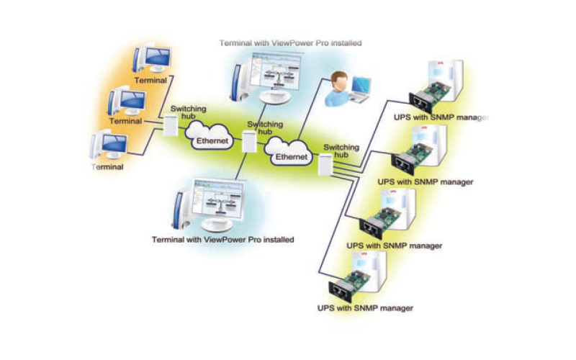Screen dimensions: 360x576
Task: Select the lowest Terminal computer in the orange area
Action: click(106, 146)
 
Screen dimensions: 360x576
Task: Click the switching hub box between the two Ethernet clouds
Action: click(248, 141)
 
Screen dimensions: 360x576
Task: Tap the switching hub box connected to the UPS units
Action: click(326, 164)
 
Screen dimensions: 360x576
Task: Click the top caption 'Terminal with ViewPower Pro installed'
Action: click(290, 43)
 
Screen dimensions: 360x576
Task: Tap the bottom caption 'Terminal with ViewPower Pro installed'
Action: click(222, 239)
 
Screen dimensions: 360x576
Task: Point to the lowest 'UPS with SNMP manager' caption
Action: click(365, 308)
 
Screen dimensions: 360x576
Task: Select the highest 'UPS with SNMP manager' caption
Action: click(441, 117)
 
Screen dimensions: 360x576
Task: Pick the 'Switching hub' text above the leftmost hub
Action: click(189, 112)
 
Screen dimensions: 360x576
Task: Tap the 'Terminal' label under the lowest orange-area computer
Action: click(107, 166)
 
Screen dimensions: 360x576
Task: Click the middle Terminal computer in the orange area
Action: click(127, 102)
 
